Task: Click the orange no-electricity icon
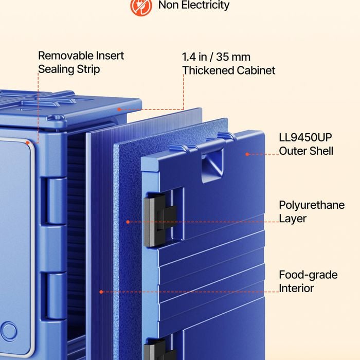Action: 141,6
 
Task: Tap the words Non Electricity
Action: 194,5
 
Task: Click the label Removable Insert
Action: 81,56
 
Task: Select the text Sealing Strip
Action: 69,69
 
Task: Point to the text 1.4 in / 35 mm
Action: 216,57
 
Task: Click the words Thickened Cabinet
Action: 229,70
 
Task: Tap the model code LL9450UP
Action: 305,137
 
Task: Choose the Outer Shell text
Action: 306,151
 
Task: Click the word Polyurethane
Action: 312,205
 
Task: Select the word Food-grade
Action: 308,275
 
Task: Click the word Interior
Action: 296,288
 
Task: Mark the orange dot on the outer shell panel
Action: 247,154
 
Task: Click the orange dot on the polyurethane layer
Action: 128,222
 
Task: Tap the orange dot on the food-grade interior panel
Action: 101,292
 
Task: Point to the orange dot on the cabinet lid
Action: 119,110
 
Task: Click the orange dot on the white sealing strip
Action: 28,143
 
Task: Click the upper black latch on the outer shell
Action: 159,220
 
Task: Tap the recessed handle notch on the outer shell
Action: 212,164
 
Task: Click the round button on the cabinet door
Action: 9,331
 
